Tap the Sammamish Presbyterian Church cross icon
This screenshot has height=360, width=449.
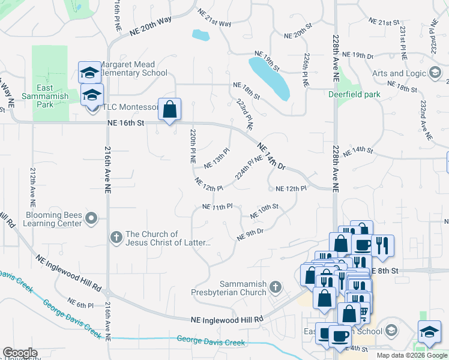(x=276, y=287)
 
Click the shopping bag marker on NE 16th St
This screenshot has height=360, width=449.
(x=169, y=110)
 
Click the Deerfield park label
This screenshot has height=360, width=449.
(x=355, y=94)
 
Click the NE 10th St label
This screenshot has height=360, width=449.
(x=265, y=211)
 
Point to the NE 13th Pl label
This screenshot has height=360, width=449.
(x=217, y=159)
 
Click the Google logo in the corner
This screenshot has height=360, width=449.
(x=20, y=353)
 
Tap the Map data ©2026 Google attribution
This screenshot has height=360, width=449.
(x=411, y=355)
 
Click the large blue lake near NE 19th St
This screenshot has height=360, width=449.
(x=270, y=77)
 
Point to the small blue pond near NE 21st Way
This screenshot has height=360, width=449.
(x=200, y=35)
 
